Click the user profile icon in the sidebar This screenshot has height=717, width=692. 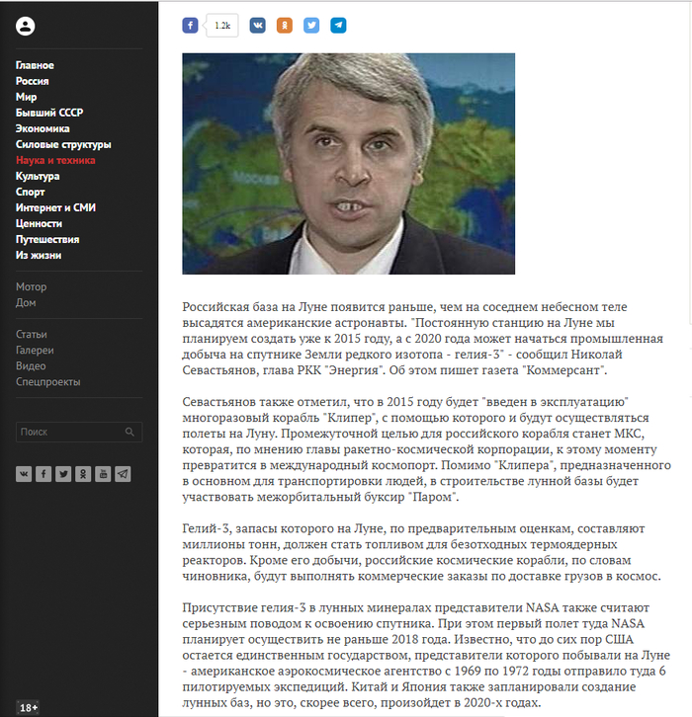pos(26,27)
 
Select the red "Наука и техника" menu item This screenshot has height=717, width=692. pos(55,160)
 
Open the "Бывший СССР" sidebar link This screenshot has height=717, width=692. pos(49,113)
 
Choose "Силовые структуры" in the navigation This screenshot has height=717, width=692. pos(63,144)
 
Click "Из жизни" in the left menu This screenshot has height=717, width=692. pos(39,255)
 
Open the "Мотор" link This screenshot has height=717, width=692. pos(31,287)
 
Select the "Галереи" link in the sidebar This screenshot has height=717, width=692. pos(35,351)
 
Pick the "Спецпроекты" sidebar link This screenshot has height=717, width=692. pos(48,382)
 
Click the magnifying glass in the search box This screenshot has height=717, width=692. pos(130,433)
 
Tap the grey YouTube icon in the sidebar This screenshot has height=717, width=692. pos(103,474)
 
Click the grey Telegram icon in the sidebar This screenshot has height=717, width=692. pos(123,474)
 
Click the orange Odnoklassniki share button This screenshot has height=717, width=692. pos(285,26)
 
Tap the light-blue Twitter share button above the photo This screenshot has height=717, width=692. pos(311,26)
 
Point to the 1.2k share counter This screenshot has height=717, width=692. pos(222,26)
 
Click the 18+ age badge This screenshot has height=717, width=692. pos(28,706)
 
